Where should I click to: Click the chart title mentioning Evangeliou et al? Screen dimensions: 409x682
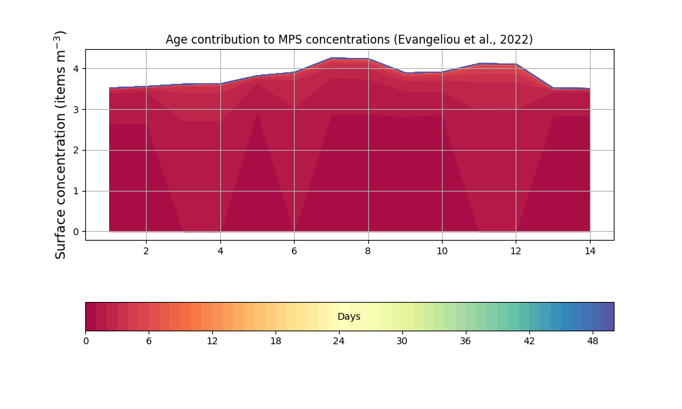[349, 40]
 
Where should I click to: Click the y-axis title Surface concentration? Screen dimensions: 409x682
[61, 145]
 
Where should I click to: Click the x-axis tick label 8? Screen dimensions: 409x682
[368, 251]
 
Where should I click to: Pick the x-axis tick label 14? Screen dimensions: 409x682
[590, 251]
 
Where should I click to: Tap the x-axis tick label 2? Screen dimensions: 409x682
[146, 251]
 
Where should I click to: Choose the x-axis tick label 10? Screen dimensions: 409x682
[442, 251]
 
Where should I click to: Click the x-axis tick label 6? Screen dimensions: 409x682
[294, 251]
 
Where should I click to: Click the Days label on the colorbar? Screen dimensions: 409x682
[349, 317]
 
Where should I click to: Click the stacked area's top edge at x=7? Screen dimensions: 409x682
[331, 59]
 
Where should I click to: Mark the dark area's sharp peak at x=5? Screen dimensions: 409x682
[257, 113]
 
